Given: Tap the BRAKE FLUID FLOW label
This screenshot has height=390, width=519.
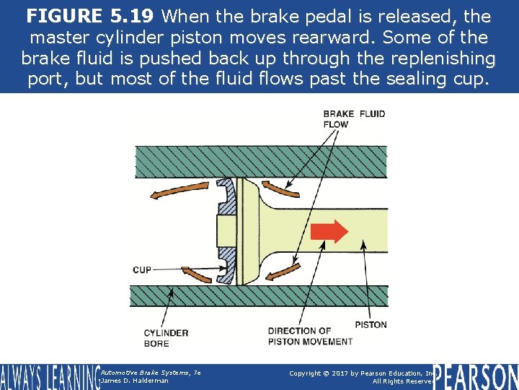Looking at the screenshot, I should pos(354,118).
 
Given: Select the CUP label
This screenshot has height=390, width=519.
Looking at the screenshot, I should pos(142,270).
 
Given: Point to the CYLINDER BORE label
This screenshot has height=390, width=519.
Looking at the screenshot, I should pos(166,338).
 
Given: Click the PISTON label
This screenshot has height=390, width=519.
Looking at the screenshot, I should pos(371,325).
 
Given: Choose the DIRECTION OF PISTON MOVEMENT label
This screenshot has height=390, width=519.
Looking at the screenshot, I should pos(310,336).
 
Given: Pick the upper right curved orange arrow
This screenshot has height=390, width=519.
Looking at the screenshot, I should pos(280,186).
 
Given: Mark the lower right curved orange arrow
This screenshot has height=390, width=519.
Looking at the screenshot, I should pos(283,271).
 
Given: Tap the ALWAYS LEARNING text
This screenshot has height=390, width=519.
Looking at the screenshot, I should pos(49,377).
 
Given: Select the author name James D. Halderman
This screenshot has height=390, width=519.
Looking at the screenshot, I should pos(135,381).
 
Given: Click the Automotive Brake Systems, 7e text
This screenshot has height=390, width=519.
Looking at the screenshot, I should pos(151,372).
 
